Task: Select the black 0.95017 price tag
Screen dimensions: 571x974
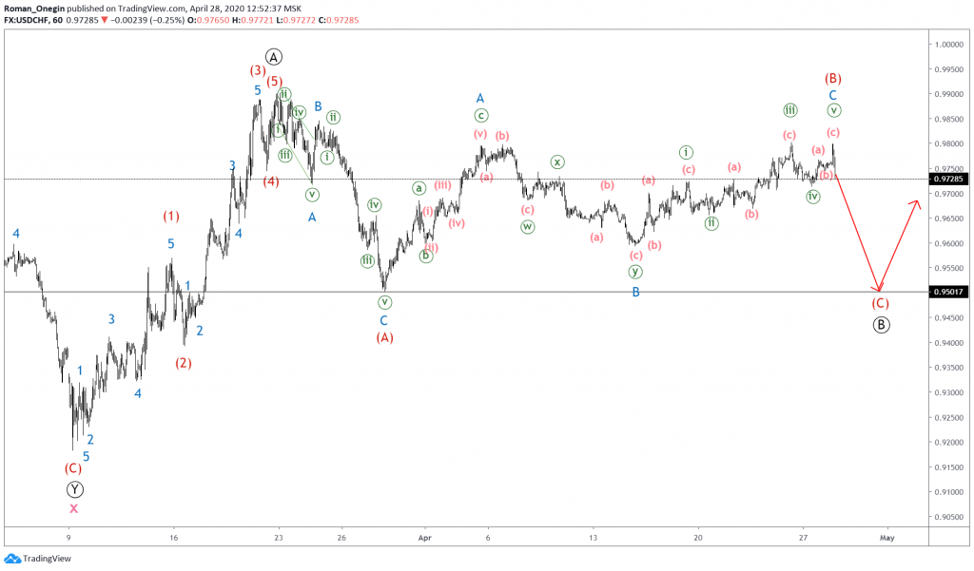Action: click(x=950, y=292)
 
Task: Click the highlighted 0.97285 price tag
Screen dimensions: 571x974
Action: click(x=950, y=179)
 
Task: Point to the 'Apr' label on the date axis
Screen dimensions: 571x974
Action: click(x=425, y=537)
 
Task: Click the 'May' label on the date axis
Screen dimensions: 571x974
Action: click(x=886, y=537)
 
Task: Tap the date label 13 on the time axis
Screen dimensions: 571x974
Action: click(x=593, y=537)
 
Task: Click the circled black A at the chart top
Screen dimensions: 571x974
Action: click(x=274, y=56)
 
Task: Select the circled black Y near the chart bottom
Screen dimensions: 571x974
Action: click(x=75, y=489)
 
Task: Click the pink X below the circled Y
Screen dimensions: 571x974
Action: click(x=74, y=508)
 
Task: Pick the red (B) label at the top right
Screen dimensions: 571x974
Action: click(x=832, y=78)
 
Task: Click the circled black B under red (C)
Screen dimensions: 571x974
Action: click(x=881, y=324)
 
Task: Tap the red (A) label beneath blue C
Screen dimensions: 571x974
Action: click(x=384, y=337)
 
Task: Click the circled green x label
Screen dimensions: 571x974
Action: click(x=557, y=162)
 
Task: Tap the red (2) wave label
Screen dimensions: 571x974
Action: click(x=184, y=362)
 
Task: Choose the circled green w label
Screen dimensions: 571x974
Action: click(x=527, y=227)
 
